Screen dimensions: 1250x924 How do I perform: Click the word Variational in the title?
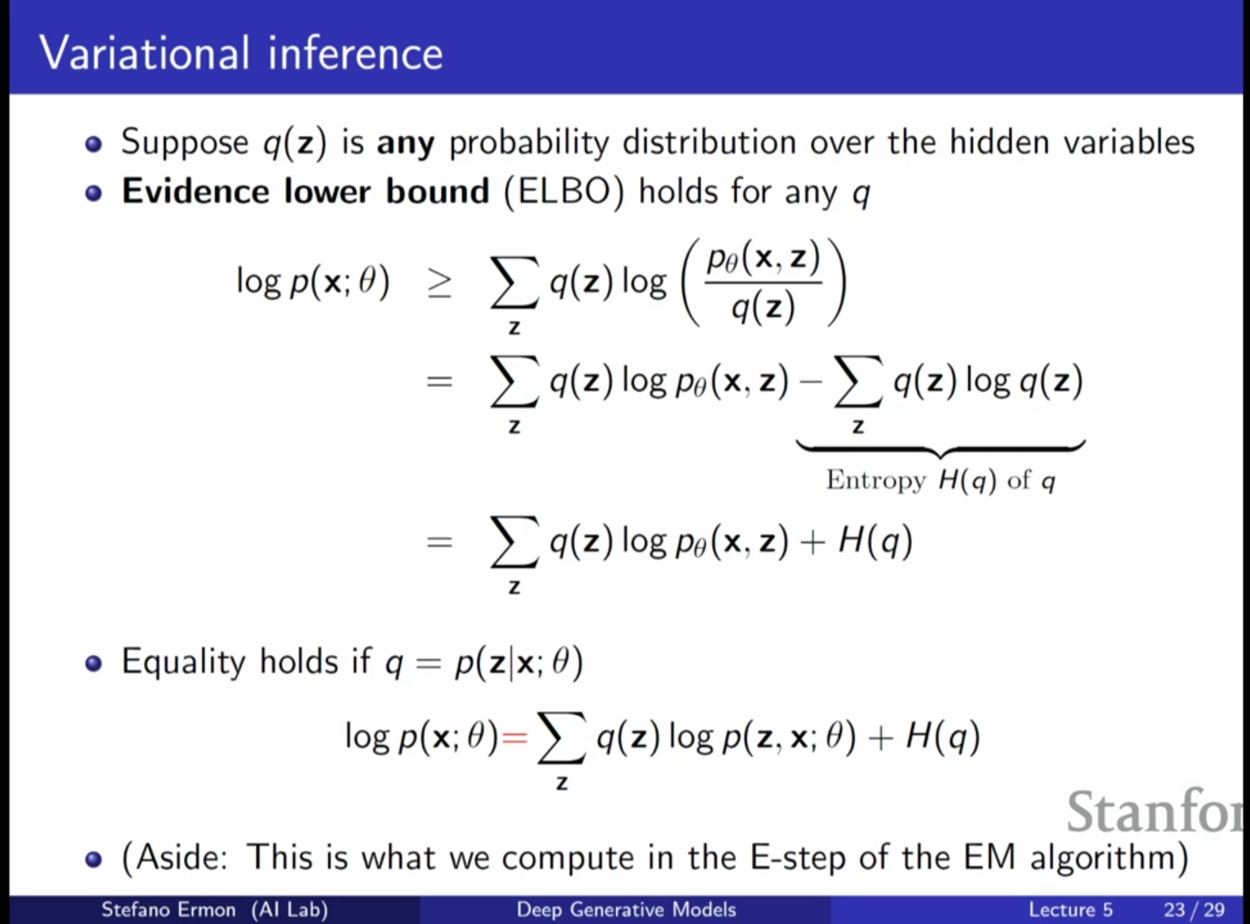144,53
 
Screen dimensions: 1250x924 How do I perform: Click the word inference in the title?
356,53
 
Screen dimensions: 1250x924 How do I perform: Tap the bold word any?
406,144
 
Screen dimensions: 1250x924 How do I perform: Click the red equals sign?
514,737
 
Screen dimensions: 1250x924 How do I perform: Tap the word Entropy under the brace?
876,480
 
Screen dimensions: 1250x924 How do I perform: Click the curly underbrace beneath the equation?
941,449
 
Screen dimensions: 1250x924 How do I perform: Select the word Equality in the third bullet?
183,662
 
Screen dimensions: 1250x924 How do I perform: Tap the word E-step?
798,858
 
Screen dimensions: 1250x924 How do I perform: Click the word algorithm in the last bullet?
1101,858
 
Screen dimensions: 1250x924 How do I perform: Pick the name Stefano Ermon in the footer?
169,909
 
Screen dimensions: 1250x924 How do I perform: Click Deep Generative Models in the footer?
626,909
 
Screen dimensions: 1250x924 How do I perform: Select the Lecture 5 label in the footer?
1071,909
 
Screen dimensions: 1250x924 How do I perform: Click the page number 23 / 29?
1194,909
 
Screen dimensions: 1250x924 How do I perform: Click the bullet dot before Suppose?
93,144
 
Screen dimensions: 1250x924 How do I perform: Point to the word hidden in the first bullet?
1000,141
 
